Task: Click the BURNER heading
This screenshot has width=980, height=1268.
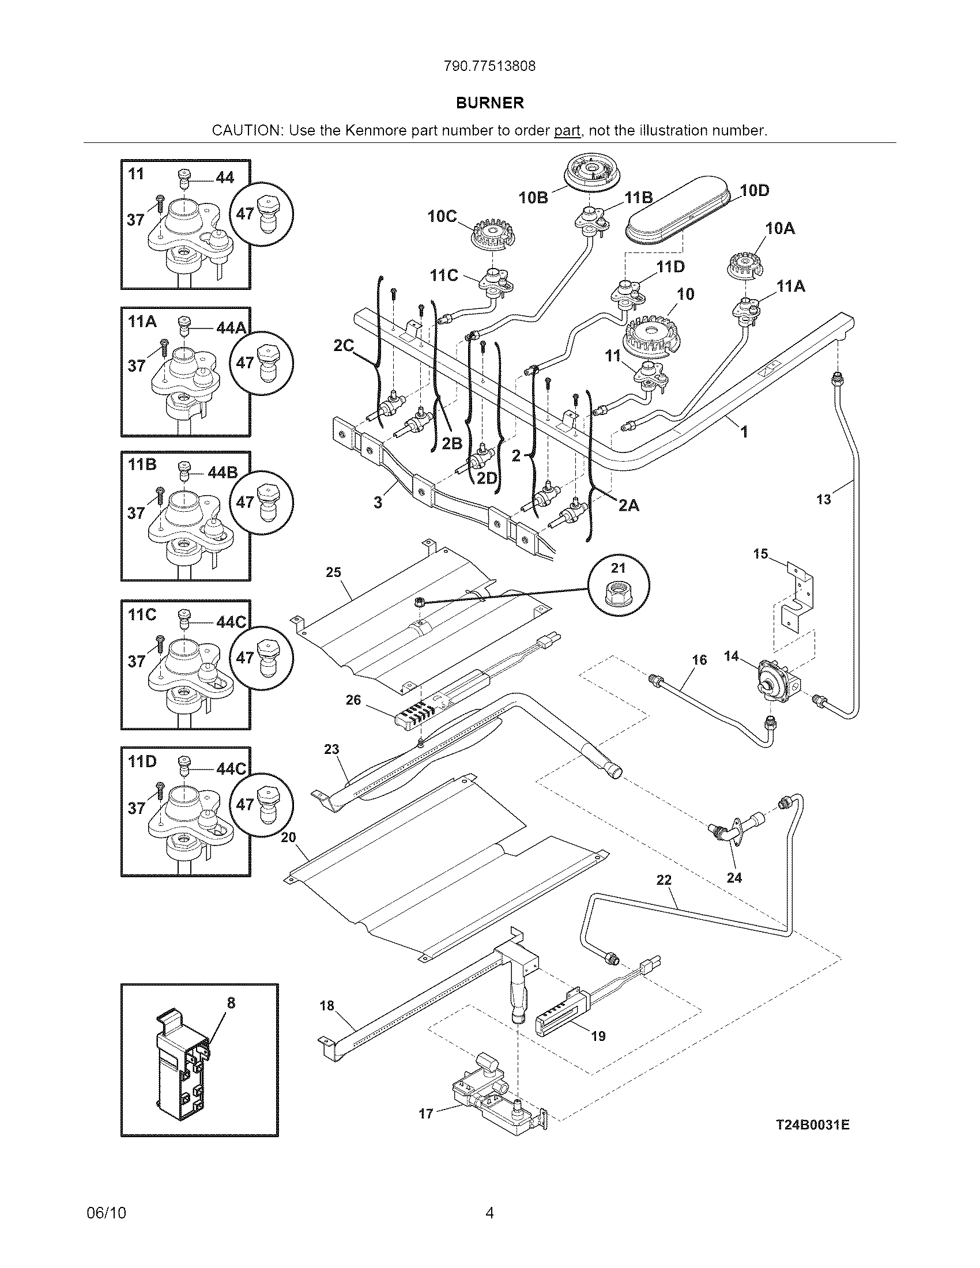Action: (489, 103)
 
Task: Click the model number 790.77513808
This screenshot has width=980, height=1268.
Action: (489, 66)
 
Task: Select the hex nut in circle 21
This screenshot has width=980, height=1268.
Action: (619, 592)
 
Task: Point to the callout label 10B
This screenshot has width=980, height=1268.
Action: (533, 197)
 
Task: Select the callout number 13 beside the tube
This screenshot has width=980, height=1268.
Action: (823, 499)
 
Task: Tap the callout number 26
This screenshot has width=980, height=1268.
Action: (353, 700)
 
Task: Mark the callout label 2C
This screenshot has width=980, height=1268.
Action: (343, 346)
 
